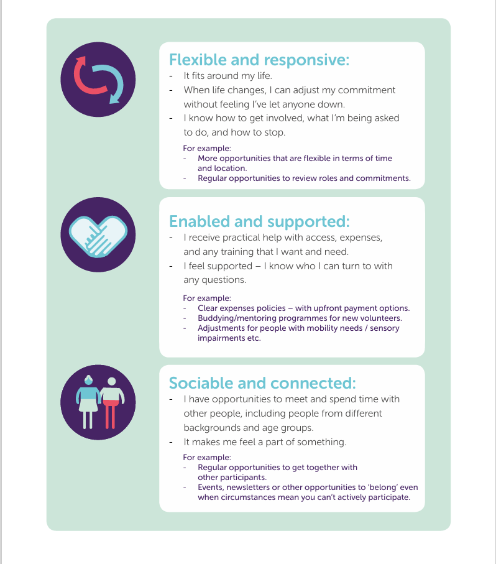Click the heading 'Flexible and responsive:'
pyautogui.click(x=259, y=60)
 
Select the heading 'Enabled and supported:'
pyautogui.click(x=259, y=221)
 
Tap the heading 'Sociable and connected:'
pyautogui.click(x=262, y=382)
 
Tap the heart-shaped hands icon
pyautogui.click(x=98, y=235)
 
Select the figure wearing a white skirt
pyautogui.click(x=88, y=402)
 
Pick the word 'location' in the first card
pyautogui.click(x=230, y=168)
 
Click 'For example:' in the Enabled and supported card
pyautogui.click(x=206, y=298)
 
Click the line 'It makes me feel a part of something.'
pyautogui.click(x=265, y=442)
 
